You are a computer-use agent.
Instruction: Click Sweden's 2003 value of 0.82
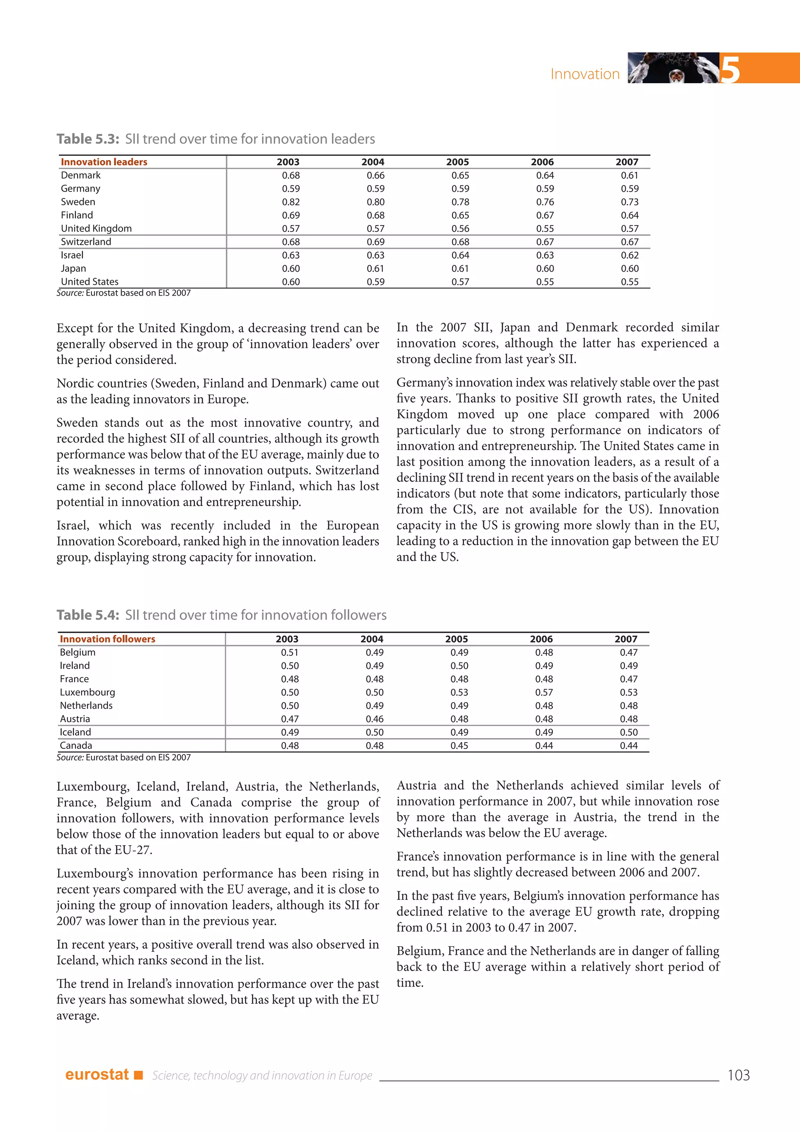(x=291, y=202)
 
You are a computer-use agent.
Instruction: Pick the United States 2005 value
(x=460, y=282)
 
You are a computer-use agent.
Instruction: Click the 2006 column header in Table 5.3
(x=542, y=162)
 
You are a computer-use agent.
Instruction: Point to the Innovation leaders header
(x=104, y=162)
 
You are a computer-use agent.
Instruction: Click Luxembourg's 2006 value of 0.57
(x=544, y=692)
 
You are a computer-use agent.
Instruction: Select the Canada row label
(x=76, y=745)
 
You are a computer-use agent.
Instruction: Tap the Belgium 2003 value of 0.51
(x=290, y=652)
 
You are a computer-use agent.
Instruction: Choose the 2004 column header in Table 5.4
(x=371, y=639)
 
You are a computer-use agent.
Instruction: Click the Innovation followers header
(x=107, y=639)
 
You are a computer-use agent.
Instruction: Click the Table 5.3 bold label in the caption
(x=87, y=139)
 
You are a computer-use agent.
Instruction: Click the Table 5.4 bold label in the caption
(x=87, y=615)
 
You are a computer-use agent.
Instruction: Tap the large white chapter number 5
(x=730, y=69)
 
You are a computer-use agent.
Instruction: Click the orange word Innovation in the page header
(x=585, y=74)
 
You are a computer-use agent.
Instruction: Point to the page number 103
(x=738, y=1075)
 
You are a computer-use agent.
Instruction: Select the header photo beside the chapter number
(x=673, y=68)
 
